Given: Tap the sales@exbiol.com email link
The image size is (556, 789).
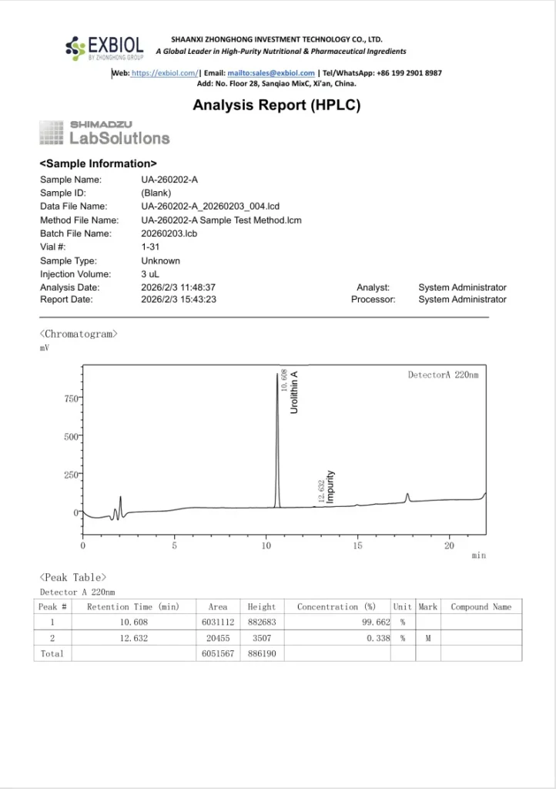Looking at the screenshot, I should (x=281, y=73).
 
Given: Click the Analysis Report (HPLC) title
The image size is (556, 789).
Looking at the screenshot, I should (x=276, y=106).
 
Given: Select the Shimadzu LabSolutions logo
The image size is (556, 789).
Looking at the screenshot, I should (x=104, y=133).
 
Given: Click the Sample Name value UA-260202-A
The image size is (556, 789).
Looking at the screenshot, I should (x=169, y=180).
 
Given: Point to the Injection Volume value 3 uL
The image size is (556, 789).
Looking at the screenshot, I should (x=151, y=274).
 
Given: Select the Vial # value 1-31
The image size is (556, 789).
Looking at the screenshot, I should (x=150, y=247).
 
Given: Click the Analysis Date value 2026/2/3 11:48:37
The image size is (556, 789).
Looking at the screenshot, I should (x=178, y=287).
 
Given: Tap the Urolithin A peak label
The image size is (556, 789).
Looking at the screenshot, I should (x=294, y=392).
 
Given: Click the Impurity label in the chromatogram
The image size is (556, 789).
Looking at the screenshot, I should (x=330, y=487).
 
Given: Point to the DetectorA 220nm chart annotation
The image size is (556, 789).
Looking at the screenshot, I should (x=443, y=375).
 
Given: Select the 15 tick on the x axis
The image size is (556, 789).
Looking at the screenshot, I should (x=358, y=546).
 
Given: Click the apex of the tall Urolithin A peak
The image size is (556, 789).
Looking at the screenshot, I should (x=277, y=374).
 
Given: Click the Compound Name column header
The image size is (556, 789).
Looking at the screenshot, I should (x=481, y=607).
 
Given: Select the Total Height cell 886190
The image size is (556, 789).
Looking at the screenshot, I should (x=262, y=653).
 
